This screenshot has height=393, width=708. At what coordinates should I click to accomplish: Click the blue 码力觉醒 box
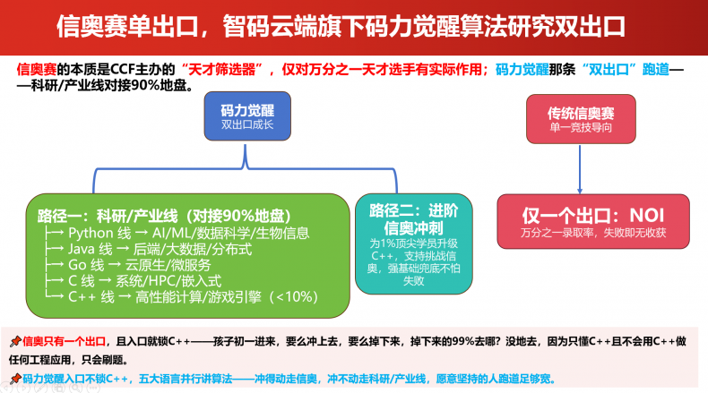pyautogui.click(x=247, y=116)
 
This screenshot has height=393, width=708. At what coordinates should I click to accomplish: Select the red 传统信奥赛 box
pyautogui.click(x=581, y=119)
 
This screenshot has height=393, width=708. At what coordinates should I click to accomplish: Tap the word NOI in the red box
pyautogui.click(x=646, y=216)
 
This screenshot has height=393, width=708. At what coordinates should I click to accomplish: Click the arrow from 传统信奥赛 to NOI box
pyautogui.click(x=580, y=169)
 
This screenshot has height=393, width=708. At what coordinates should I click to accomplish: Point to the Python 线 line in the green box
pyautogui.click(x=177, y=234)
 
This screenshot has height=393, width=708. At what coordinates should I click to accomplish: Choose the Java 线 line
pyautogui.click(x=148, y=249)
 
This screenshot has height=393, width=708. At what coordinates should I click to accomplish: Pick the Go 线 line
pyautogui.click(x=128, y=265)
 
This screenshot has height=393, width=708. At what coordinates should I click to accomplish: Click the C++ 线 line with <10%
pyautogui.click(x=181, y=297)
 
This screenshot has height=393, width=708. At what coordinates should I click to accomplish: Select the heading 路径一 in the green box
pyautogui.click(x=164, y=216)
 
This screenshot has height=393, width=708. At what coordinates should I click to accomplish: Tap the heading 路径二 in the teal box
pyautogui.click(x=414, y=218)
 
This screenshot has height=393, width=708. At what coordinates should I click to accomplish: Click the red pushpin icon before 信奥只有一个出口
pyautogui.click(x=15, y=342)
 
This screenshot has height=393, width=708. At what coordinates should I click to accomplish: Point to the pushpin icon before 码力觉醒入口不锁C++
pyautogui.click(x=15, y=378)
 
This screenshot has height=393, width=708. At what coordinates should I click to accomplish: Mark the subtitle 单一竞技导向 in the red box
pyautogui.click(x=581, y=128)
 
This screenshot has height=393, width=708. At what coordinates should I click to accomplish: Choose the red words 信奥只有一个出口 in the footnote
pyautogui.click(x=65, y=342)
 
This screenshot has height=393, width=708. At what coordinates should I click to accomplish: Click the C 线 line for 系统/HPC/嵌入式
pyautogui.click(x=133, y=281)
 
